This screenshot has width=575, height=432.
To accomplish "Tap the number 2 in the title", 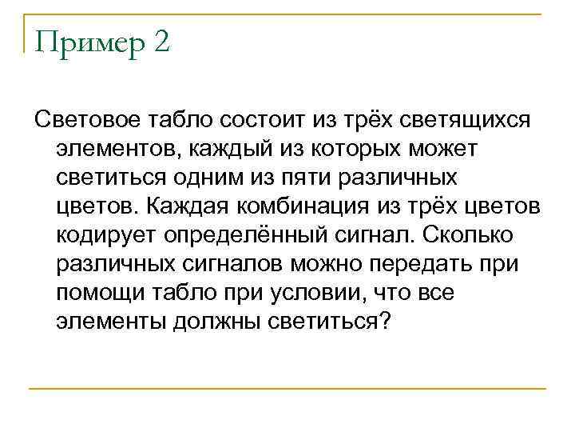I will (158, 41).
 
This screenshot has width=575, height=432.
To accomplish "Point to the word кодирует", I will (105, 236).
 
